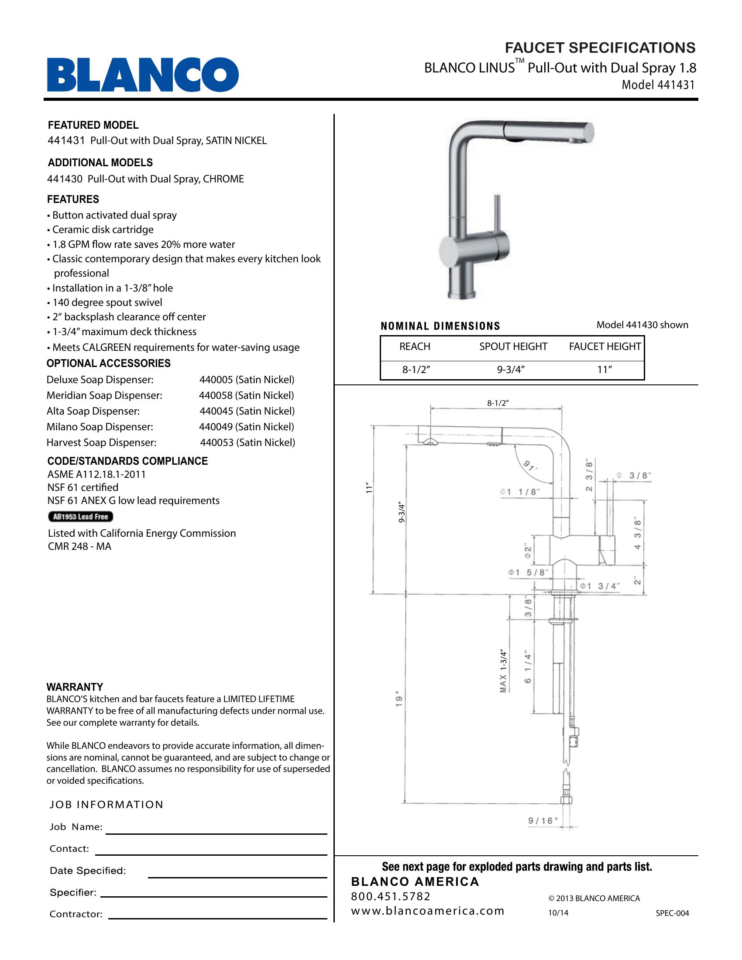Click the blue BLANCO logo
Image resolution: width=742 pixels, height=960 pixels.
coord(143,74)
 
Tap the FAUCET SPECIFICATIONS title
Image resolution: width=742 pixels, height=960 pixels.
coord(600,48)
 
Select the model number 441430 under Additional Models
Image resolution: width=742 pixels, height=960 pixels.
coord(65,179)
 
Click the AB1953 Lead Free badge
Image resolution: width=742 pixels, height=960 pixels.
coord(80,517)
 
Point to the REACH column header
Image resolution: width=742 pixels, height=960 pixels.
coord(415,346)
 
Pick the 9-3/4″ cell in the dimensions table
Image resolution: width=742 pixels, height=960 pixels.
coord(511,370)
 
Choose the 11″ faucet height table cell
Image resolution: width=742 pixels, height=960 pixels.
coord(605,370)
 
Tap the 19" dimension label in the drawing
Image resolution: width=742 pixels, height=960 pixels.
coord(398,699)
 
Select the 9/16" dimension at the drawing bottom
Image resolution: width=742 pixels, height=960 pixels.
coord(543,820)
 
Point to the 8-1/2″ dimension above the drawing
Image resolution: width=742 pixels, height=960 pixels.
coord(498,403)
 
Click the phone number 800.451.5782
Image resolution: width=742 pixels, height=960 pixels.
coord(391,896)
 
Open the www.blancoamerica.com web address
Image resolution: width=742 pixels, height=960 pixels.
coord(427,910)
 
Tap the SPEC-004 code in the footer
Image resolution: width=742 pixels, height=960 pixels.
coord(672,913)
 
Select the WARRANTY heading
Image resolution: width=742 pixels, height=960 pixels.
coord(75,686)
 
